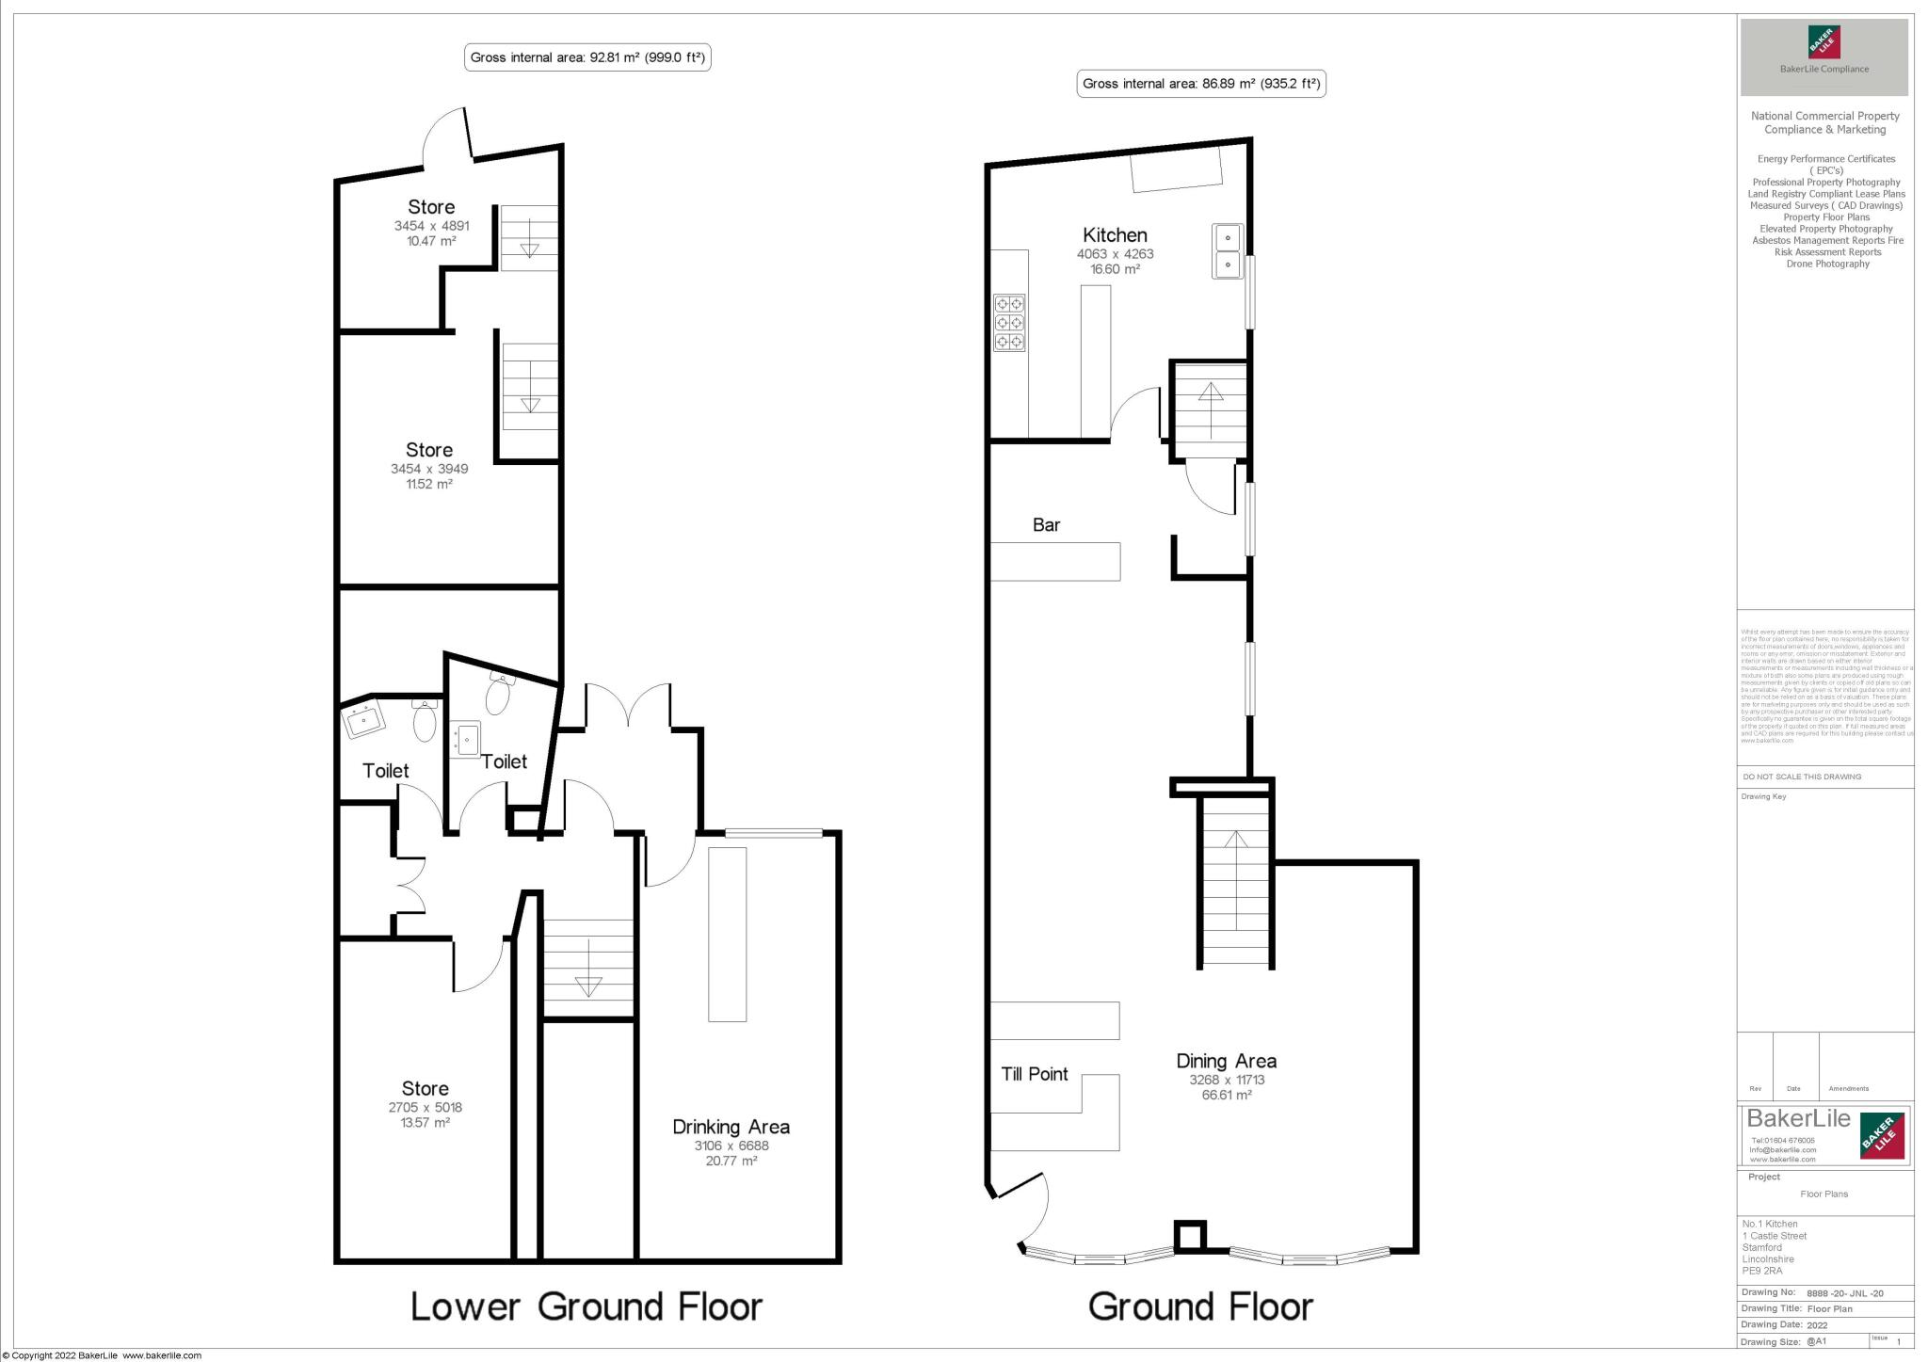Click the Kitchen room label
click(x=1115, y=235)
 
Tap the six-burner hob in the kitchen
click(x=1009, y=323)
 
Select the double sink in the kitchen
click(x=1228, y=251)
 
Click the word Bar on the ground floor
click(x=1046, y=525)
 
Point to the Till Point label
click(x=1034, y=1074)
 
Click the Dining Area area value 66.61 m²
click(x=1226, y=1096)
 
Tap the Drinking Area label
click(x=731, y=1127)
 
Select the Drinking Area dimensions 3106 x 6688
click(x=731, y=1146)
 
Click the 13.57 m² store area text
click(x=425, y=1123)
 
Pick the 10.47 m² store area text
click(x=431, y=241)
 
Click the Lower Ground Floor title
click(x=586, y=1306)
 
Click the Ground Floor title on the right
click(x=1200, y=1306)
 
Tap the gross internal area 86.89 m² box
click(x=1201, y=84)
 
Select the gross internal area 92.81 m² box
click(x=587, y=57)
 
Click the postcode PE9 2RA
click(x=1761, y=1271)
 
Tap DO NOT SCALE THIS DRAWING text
click(x=1802, y=777)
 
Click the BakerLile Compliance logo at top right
click(x=1824, y=56)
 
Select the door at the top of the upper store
click(x=448, y=138)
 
